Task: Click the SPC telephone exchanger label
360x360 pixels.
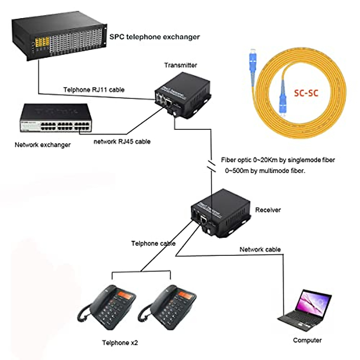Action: [x=154, y=37]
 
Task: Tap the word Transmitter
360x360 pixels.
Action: [x=181, y=65]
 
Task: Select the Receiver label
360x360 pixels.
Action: [x=268, y=210]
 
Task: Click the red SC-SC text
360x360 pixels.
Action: [x=306, y=93]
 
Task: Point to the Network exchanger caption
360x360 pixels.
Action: [x=43, y=145]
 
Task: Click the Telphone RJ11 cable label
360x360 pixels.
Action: [x=94, y=90]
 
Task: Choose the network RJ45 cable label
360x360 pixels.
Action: [x=122, y=142]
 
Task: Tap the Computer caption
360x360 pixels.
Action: [x=307, y=340]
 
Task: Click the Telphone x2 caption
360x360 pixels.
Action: [x=120, y=343]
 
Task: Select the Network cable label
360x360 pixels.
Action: [x=260, y=249]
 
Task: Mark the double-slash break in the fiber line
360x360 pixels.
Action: [x=211, y=166]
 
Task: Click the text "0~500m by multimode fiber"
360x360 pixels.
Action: [x=265, y=171]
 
